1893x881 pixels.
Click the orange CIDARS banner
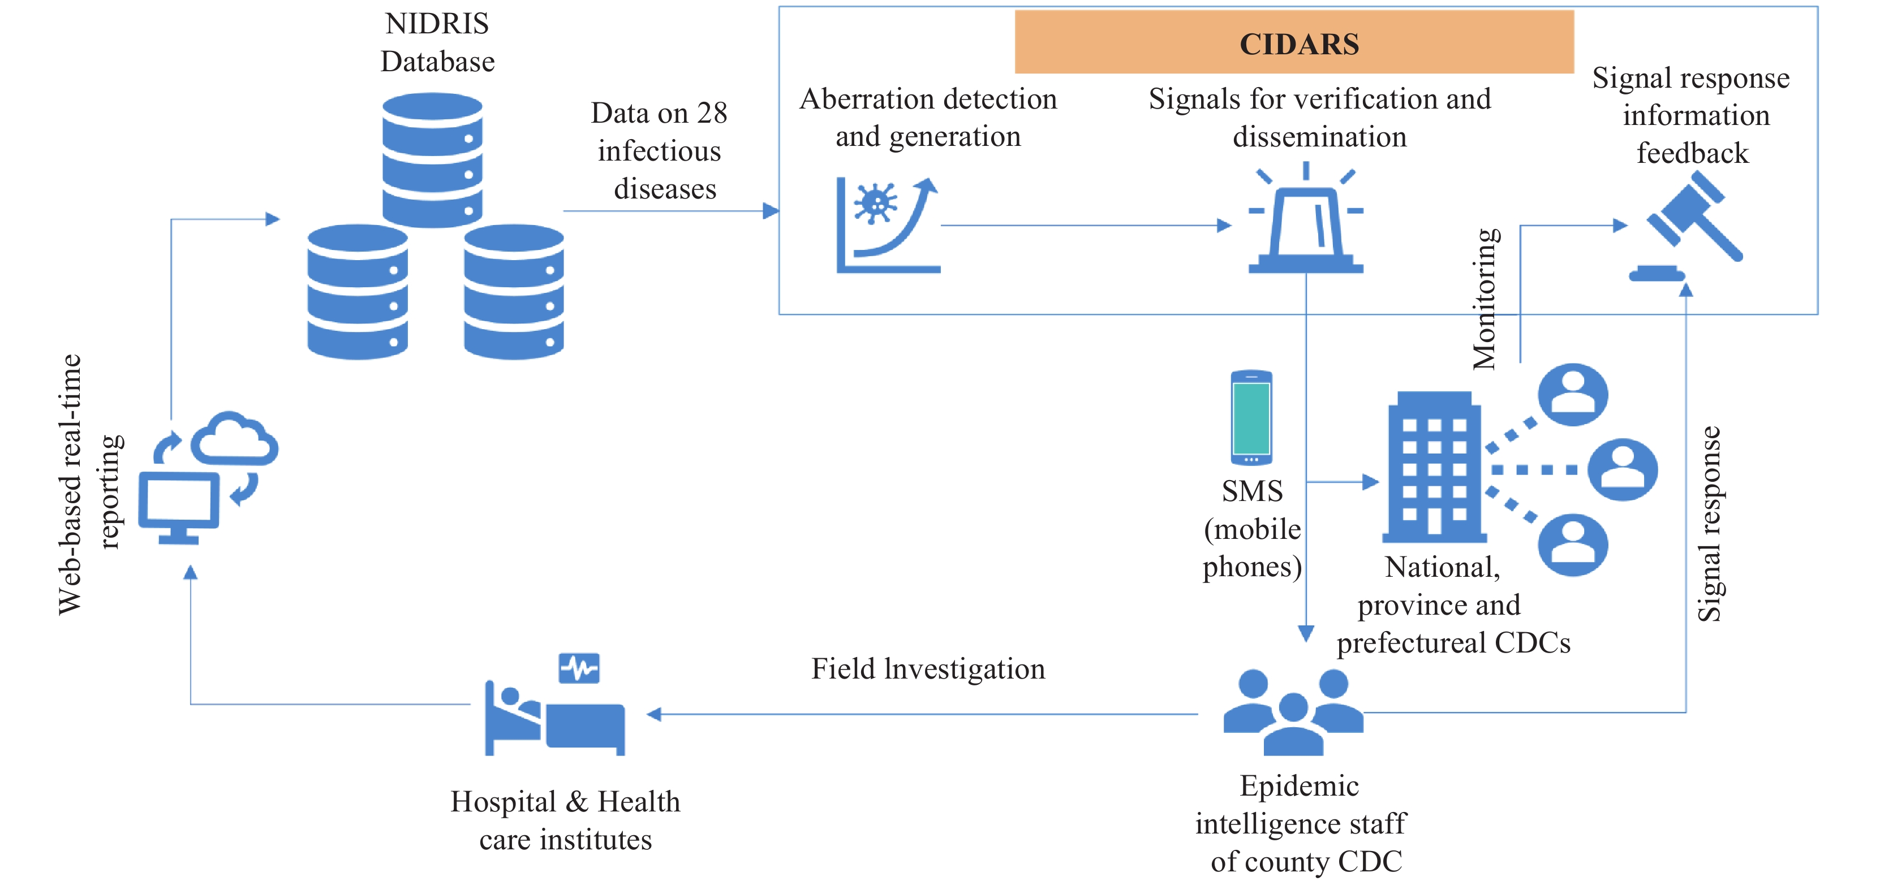pos(1293,42)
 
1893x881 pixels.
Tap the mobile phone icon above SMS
pos(1251,417)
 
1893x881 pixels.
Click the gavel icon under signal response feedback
pos(1690,224)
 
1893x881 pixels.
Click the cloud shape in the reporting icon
pos(234,439)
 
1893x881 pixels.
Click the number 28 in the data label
pos(711,113)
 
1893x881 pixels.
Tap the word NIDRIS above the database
pos(437,24)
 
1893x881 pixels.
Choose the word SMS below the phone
pos(1251,491)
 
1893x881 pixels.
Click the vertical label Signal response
pos(1709,523)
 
